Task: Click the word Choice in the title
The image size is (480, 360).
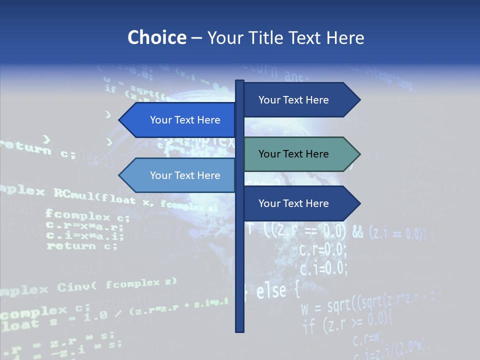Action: [156, 38]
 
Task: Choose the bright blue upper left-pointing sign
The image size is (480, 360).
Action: [180, 120]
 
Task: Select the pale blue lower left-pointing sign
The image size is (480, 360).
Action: [180, 175]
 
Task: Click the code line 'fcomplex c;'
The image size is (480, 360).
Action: [87, 216]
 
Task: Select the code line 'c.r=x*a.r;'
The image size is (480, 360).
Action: [84, 226]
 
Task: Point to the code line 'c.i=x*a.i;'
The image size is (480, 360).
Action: [84, 236]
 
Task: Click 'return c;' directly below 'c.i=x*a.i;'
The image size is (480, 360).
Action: [82, 246]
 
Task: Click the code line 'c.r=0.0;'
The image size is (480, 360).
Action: [322, 248]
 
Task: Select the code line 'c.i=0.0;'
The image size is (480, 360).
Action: [322, 268]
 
